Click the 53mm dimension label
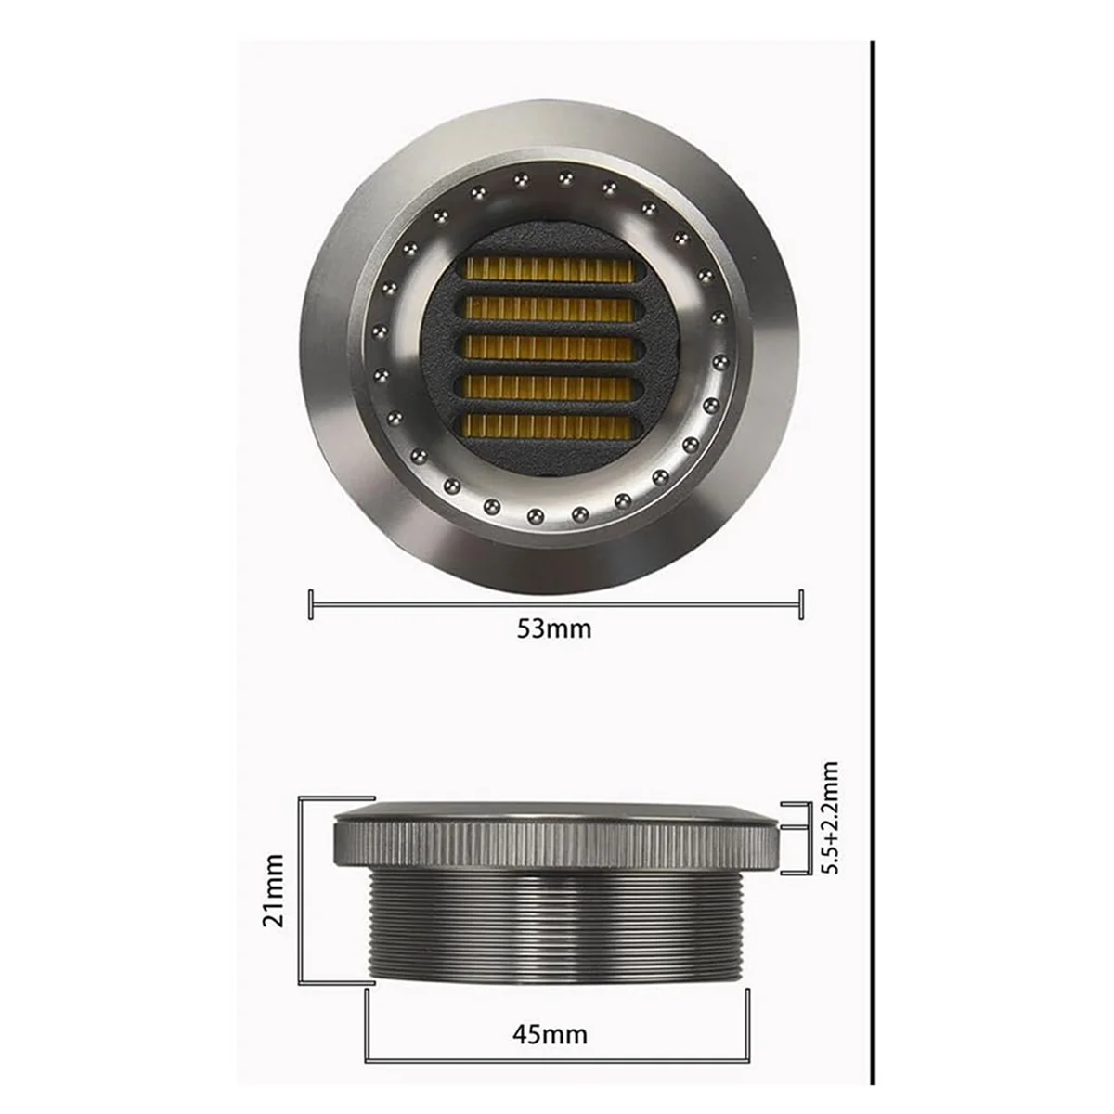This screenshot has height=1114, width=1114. pos(553,628)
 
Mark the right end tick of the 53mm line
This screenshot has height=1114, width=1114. pos(800,604)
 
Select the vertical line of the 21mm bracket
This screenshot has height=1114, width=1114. pos(300,890)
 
